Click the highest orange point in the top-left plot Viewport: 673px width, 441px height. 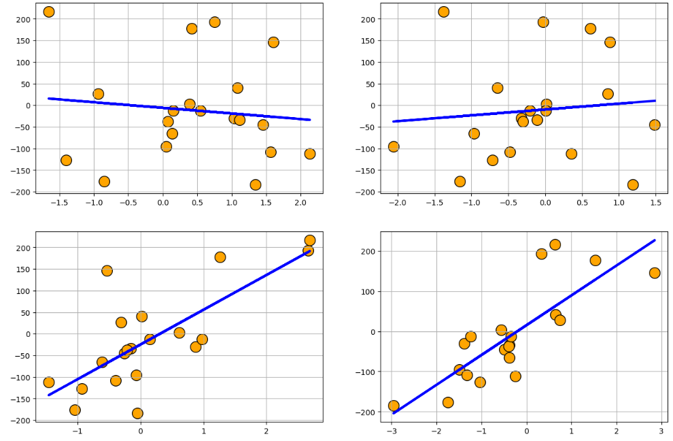point(49,12)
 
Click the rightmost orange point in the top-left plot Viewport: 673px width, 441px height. point(310,154)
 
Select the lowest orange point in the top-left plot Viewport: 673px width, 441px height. point(256,184)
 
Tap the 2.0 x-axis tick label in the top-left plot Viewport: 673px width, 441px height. point(300,203)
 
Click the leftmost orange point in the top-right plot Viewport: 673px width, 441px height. point(394,146)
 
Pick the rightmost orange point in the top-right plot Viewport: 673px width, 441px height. point(655,125)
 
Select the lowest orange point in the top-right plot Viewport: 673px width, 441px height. point(633,184)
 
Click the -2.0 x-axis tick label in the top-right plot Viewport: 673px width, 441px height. point(398,203)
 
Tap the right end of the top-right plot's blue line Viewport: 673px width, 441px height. point(655,101)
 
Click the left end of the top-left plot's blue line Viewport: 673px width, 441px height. point(49,98)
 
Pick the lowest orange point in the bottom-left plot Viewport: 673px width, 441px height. point(138,413)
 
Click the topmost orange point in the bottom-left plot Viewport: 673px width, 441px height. point(310,240)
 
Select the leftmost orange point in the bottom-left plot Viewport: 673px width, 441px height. point(49,382)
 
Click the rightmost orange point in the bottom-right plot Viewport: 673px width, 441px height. point(655,273)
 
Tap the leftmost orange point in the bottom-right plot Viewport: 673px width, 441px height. point(394,406)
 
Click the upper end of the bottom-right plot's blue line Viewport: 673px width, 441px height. point(655,240)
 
